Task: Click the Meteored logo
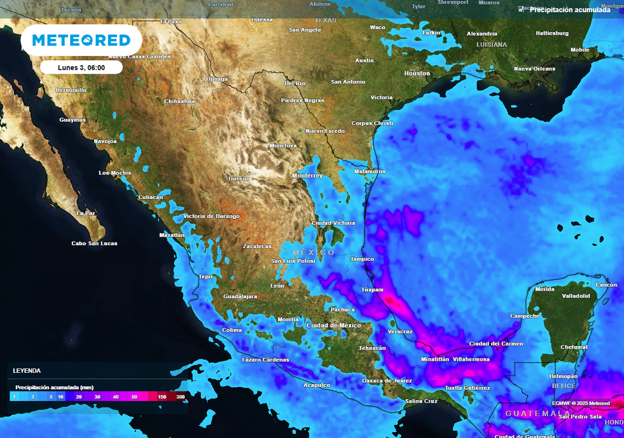click(81, 41)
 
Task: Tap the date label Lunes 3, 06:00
click(82, 68)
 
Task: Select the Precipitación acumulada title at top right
click(569, 10)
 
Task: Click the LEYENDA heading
click(27, 370)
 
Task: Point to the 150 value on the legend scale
click(162, 397)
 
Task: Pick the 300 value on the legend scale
click(180, 397)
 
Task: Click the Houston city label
click(417, 74)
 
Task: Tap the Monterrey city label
click(307, 176)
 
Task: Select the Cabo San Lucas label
click(94, 243)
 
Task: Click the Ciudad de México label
click(334, 325)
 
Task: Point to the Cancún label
click(606, 285)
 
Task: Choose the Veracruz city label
click(400, 332)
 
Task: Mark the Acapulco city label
click(317, 385)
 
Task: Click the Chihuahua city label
click(179, 102)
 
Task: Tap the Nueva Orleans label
click(534, 69)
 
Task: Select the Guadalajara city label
click(240, 296)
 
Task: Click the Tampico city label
click(362, 259)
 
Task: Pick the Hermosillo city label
click(71, 90)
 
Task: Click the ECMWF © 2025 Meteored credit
click(581, 403)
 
